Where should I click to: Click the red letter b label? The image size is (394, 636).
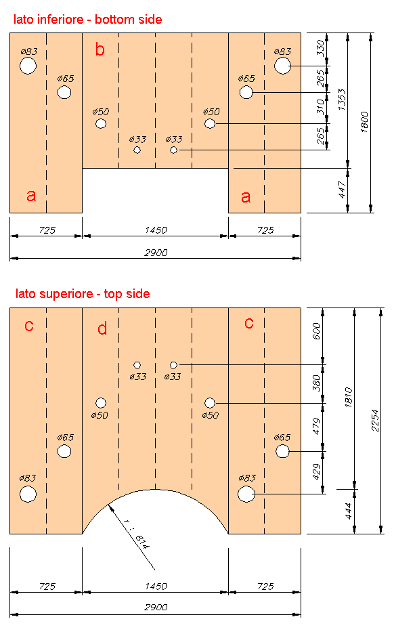pos(100,49)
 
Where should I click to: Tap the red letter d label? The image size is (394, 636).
pos(102,328)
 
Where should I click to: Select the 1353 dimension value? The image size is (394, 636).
pos(342,100)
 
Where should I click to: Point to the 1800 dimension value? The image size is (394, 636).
pos(364,122)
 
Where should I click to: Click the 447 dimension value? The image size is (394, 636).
pos(342,190)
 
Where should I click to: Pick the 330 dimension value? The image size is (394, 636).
pos(321,48)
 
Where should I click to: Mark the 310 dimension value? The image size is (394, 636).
pos(321,107)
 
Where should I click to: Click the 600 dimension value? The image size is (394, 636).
pos(316,331)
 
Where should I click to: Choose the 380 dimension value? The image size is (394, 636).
pos(316,383)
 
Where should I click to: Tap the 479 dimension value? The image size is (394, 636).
pos(316,426)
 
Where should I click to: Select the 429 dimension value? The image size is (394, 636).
pos(316,471)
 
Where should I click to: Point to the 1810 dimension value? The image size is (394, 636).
pos(348,398)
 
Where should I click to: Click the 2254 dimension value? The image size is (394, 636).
pos(375,421)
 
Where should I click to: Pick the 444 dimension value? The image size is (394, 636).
pos(348,511)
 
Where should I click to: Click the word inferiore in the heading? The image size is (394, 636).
pos(64,20)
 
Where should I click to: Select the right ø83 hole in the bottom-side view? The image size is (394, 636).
pos(282,66)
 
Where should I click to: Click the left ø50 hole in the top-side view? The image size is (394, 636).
pos(101,403)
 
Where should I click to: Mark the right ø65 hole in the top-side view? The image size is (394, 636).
pos(282,451)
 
